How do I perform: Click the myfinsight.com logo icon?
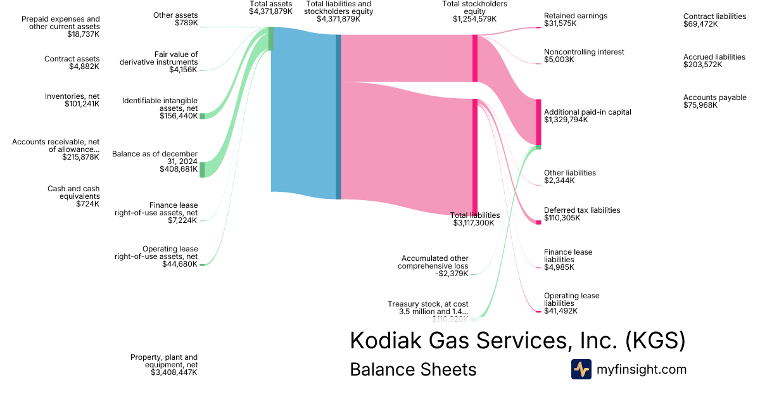tap(581, 369)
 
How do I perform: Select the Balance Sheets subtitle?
tap(413, 369)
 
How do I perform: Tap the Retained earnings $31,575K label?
tap(575, 20)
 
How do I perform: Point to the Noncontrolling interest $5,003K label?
tap(584, 56)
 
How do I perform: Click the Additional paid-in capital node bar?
tap(538, 122)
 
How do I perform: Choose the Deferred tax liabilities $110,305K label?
tap(582, 214)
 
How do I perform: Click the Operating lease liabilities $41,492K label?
tap(571, 303)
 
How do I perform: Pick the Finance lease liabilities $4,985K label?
tap(568, 259)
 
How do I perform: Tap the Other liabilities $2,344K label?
tap(570, 177)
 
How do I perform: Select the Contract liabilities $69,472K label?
tap(714, 20)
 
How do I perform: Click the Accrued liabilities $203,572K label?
tap(714, 61)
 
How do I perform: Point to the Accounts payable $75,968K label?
tap(714, 101)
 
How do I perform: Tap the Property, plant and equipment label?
tap(164, 365)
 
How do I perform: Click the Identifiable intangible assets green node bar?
tap(202, 116)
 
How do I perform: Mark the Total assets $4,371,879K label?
tap(270, 8)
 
